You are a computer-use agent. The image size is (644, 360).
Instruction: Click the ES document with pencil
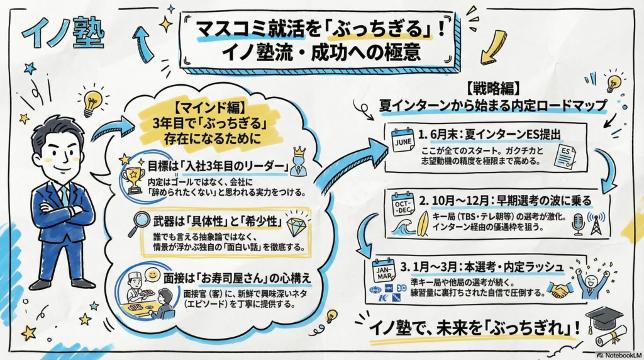[564, 157]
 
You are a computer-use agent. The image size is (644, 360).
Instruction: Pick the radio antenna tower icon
[595, 222]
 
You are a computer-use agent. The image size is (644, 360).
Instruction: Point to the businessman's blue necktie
[65, 196]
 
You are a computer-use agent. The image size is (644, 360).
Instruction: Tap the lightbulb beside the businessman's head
[92, 101]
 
